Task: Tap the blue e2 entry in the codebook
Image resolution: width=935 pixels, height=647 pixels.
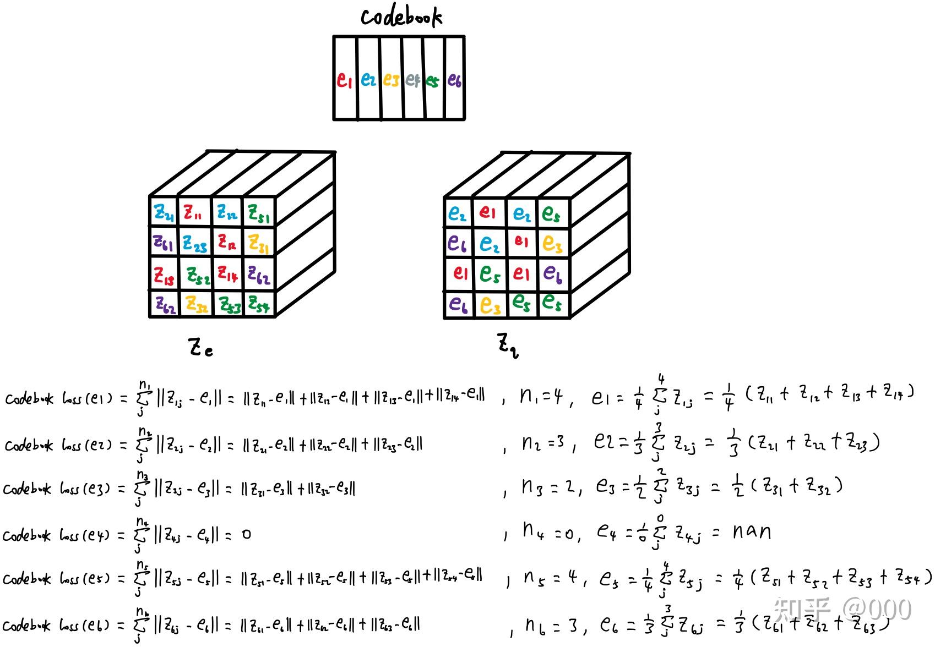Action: [368, 80]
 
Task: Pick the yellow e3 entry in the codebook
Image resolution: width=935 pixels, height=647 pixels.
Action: [390, 80]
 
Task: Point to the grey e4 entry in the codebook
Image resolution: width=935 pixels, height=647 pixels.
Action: [412, 80]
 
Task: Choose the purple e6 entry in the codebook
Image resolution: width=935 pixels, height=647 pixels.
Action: [454, 80]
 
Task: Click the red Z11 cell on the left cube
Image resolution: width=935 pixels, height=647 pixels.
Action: [193, 212]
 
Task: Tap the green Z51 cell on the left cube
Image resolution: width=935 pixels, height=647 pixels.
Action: [259, 213]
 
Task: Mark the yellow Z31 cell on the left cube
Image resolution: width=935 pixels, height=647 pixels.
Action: [258, 243]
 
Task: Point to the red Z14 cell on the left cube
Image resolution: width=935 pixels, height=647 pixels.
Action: [227, 273]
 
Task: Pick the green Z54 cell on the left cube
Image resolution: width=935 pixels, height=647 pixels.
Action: [258, 304]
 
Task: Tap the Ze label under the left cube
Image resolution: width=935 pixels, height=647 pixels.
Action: [200, 348]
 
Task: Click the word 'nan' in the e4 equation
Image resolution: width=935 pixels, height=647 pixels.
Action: [751, 531]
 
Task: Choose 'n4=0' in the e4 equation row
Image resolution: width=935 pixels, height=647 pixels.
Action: [547, 532]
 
